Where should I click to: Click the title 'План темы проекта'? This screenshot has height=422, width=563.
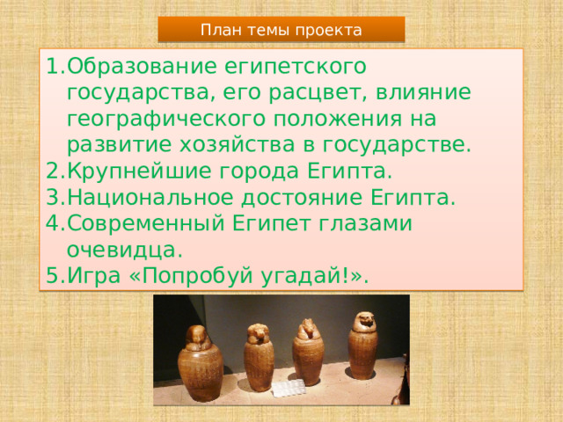(281, 30)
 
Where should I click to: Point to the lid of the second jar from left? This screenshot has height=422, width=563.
(258, 334)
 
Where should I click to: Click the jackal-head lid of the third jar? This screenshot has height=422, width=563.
(308, 330)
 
